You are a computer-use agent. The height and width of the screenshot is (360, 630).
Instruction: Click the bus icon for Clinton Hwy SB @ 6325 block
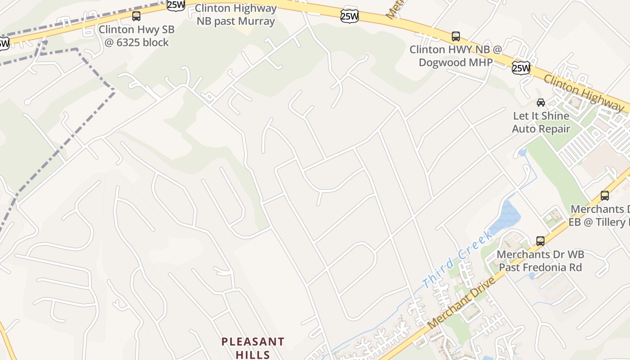[x=136, y=17]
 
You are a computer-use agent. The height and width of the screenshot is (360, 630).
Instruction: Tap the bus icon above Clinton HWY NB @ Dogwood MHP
[x=455, y=36]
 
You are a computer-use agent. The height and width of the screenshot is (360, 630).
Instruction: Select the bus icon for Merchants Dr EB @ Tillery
[x=605, y=196]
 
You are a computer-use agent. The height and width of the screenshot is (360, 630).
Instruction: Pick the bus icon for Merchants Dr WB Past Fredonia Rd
[x=540, y=241]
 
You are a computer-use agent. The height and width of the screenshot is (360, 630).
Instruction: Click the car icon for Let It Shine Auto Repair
[x=541, y=103]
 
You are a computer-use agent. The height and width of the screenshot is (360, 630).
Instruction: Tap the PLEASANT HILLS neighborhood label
[x=253, y=348]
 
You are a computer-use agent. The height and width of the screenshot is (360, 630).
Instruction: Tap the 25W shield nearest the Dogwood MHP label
[x=521, y=68]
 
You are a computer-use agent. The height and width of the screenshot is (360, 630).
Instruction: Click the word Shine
[x=554, y=116]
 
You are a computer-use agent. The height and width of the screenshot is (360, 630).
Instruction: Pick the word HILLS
[x=253, y=354]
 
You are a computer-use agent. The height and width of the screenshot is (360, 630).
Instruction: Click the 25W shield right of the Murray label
[x=349, y=17]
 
